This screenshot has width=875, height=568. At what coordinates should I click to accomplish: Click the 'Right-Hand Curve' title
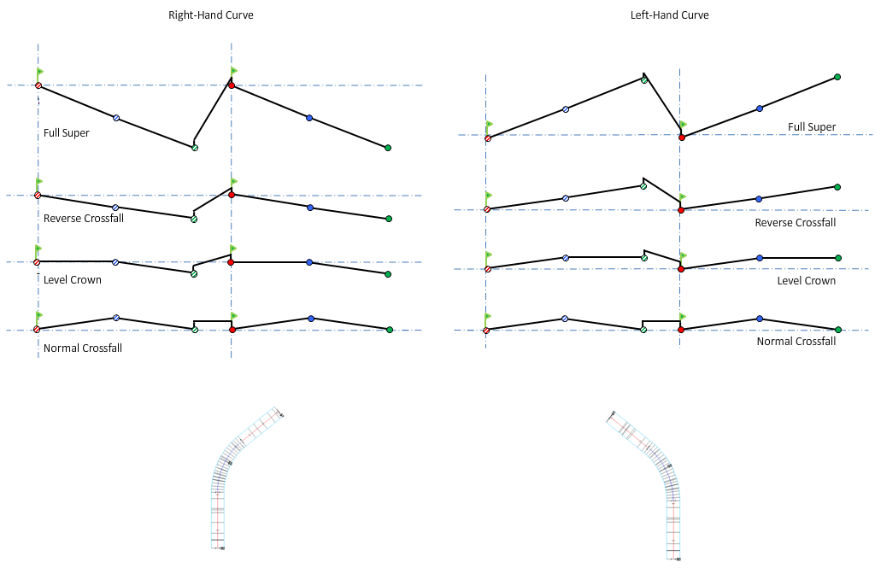pyautogui.click(x=210, y=15)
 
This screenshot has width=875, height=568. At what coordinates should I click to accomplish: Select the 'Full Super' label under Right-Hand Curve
pyautogui.click(x=67, y=133)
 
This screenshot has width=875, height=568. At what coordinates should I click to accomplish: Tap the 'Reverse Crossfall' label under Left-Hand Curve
pyautogui.click(x=795, y=223)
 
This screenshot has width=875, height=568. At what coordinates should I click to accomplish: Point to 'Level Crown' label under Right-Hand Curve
pyautogui.click(x=73, y=280)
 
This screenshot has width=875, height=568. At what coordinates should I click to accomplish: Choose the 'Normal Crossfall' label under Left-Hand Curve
pyautogui.click(x=796, y=342)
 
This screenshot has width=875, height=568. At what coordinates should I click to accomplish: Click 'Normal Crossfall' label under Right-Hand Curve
pyautogui.click(x=83, y=348)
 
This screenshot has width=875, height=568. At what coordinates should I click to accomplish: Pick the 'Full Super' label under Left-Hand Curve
pyautogui.click(x=812, y=127)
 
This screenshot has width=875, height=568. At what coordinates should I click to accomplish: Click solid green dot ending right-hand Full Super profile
pyautogui.click(x=388, y=148)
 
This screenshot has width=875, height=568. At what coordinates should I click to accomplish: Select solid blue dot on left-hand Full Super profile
pyautogui.click(x=759, y=108)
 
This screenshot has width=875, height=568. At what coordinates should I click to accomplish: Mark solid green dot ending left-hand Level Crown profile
pyautogui.click(x=837, y=258)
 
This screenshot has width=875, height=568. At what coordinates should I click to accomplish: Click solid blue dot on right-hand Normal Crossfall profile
pyautogui.click(x=310, y=319)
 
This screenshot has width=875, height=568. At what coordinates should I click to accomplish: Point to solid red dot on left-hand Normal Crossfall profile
pyautogui.click(x=681, y=330)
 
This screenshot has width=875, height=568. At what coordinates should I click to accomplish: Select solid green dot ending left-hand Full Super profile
pyautogui.click(x=837, y=78)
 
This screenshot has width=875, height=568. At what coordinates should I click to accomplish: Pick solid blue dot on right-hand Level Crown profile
pyautogui.click(x=309, y=262)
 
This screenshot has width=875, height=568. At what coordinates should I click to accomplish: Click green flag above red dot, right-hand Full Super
pyautogui.click(x=234, y=71)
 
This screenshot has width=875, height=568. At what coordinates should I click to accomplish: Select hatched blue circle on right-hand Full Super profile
pyautogui.click(x=116, y=118)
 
